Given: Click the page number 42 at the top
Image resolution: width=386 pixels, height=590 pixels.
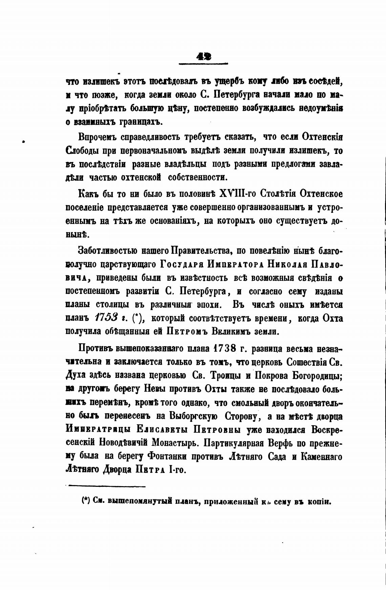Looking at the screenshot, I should [203, 57].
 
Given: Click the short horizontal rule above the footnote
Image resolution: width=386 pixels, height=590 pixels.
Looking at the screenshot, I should [107, 486].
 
